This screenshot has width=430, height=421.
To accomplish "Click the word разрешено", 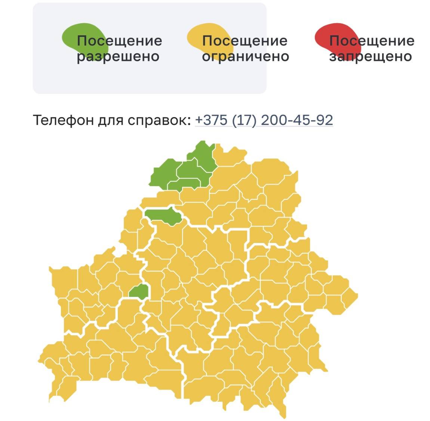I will coord(118,56).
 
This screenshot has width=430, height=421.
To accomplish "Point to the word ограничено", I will coord(245,56).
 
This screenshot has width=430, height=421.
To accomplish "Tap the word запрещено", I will coord(370,56).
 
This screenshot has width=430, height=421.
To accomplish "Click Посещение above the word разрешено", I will coord(119,40).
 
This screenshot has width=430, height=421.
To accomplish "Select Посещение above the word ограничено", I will coord(245,40).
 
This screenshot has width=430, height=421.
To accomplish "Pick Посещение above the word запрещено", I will coord(372,40).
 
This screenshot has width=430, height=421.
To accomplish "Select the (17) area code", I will coord(244,120).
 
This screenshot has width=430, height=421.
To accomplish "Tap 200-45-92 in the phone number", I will coord(297,120).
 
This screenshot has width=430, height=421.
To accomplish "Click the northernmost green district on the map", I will coord(202,155).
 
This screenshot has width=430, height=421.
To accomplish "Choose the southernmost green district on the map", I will coord(139,291).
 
